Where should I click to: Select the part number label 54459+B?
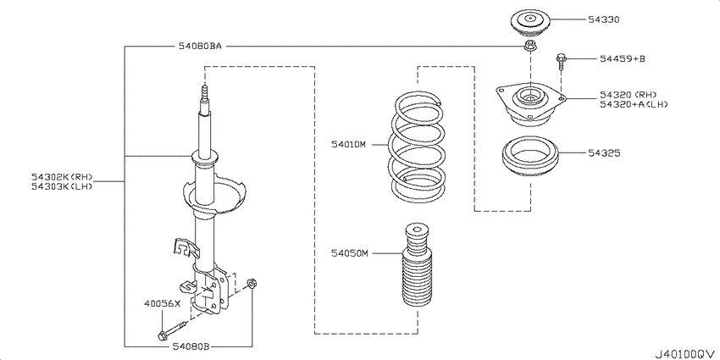pyautogui.click(x=622, y=59)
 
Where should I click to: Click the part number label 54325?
pyautogui.click(x=605, y=153)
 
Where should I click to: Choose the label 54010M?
pyautogui.click(x=348, y=145)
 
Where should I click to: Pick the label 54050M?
pyautogui.click(x=348, y=253)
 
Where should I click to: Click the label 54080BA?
pyautogui.click(x=199, y=46)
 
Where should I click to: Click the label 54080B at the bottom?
pyautogui.click(x=191, y=346)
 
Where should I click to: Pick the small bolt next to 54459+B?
pyautogui.click(x=561, y=63)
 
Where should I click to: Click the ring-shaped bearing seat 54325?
pyautogui.click(x=532, y=158)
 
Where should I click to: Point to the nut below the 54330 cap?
pyautogui.click(x=529, y=47)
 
